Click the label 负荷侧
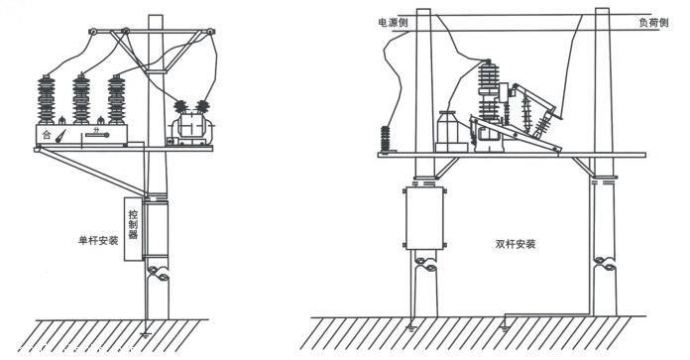[x=652, y=20]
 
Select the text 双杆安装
[x=516, y=243]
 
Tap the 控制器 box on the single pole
[x=134, y=231]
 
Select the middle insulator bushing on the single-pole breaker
[x=82, y=97]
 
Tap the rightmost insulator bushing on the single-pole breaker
[x=119, y=97]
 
